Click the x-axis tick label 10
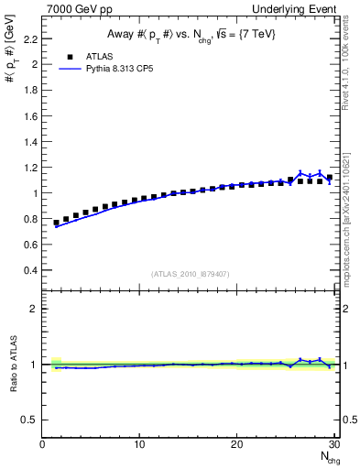pyautogui.click(x=139, y=445)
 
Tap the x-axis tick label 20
pyautogui.click(x=236, y=445)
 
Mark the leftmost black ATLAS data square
pyautogui.click(x=56, y=223)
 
